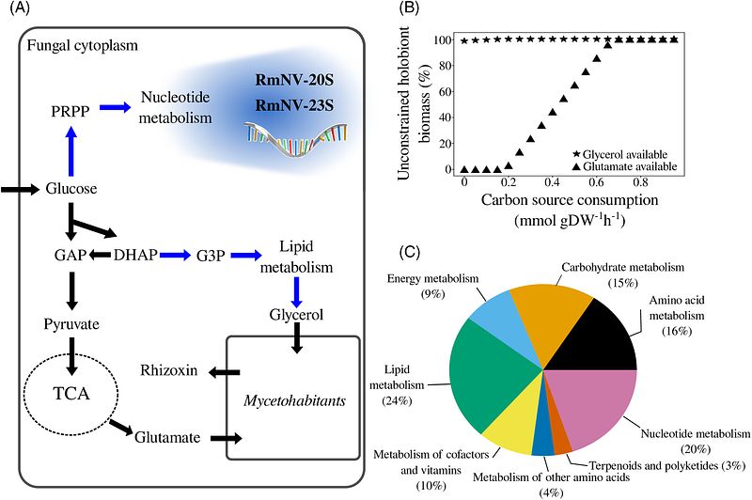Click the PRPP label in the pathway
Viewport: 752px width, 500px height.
click(x=70, y=111)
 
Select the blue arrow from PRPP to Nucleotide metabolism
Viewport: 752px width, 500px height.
click(x=115, y=107)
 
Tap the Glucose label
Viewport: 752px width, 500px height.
click(x=71, y=188)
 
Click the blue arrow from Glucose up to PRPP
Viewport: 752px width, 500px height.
click(x=71, y=151)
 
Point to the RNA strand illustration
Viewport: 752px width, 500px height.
click(x=295, y=139)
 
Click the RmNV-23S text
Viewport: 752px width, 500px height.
click(x=294, y=105)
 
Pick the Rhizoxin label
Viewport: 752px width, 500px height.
click(x=169, y=370)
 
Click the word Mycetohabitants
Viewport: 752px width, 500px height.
click(x=294, y=400)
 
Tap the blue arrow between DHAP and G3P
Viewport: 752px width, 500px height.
click(x=175, y=256)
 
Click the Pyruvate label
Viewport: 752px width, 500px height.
click(x=71, y=324)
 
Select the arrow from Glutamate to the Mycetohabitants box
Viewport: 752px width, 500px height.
click(x=227, y=438)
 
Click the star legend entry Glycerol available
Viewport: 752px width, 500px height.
click(x=619, y=154)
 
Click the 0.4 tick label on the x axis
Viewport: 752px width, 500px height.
click(x=552, y=182)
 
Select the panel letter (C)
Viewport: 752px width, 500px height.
click(x=412, y=253)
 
